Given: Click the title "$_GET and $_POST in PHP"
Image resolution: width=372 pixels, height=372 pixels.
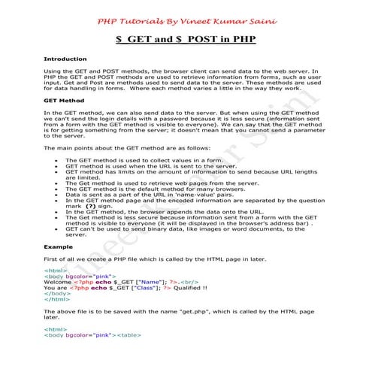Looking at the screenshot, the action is tap(186, 39).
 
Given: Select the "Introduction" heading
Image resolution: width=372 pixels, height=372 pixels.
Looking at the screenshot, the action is tap(65, 58).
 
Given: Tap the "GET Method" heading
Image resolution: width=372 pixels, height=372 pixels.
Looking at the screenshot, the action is tap(64, 100).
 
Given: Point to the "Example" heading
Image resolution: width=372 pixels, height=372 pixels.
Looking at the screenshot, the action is tap(58, 246).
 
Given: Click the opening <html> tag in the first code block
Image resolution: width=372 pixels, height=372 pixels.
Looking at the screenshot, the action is tap(55, 269).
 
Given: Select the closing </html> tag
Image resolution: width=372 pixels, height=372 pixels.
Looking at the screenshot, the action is tap(56, 299).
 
